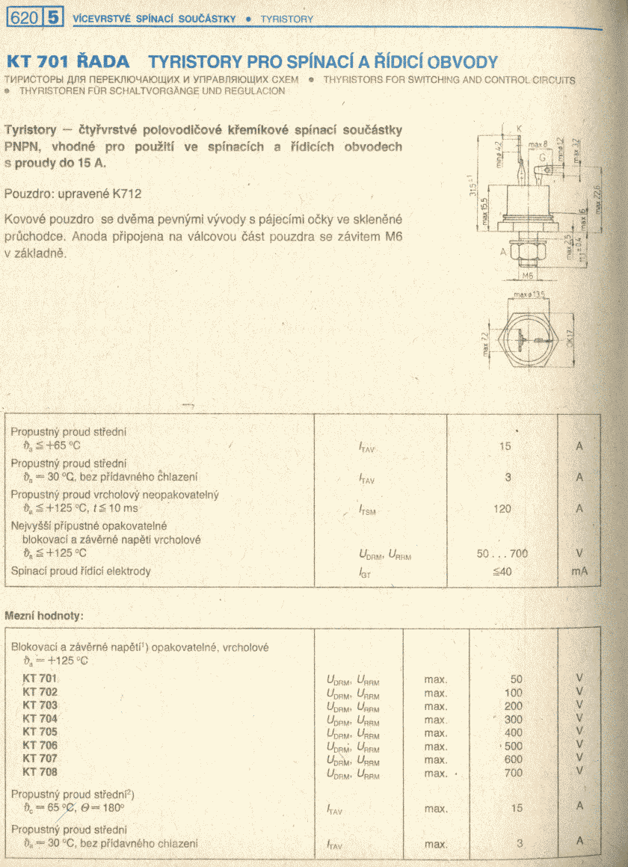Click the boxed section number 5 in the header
[x=54, y=18]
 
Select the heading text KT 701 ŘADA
[x=67, y=61]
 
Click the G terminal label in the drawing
[x=541, y=158]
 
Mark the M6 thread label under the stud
[x=527, y=274]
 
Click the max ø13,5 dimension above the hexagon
[x=529, y=294]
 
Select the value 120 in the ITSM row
[x=502, y=509]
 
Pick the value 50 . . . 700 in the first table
[x=502, y=554]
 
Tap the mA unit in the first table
[x=579, y=572]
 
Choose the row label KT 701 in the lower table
[x=40, y=679]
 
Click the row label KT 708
[x=40, y=771]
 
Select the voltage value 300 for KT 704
[x=514, y=720]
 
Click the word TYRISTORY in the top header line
[x=287, y=19]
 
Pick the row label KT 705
[x=40, y=732]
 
